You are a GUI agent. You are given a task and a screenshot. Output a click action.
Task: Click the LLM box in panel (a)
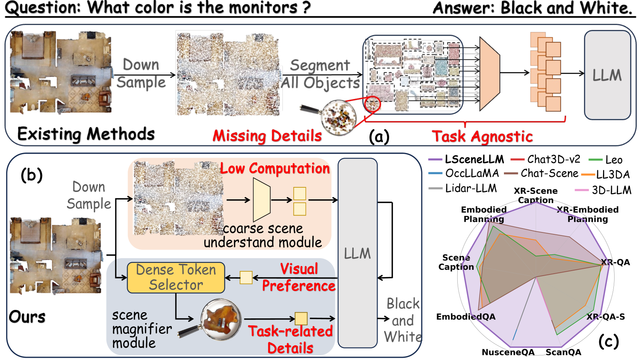(607, 75)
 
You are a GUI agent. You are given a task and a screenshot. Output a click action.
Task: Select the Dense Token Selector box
(176, 278)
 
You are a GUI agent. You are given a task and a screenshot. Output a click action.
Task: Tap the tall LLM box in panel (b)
(357, 253)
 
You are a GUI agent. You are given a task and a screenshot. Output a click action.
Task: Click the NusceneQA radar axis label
(508, 352)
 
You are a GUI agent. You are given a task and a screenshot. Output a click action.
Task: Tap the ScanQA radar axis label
(563, 352)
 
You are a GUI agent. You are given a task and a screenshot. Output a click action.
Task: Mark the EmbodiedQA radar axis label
(465, 317)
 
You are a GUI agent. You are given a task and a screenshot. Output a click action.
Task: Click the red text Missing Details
(267, 136)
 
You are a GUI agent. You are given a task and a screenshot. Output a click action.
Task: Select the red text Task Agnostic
(482, 136)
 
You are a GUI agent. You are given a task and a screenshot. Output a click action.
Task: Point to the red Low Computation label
(275, 168)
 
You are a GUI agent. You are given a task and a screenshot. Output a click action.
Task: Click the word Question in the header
(42, 8)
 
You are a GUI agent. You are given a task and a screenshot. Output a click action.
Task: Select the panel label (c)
(608, 341)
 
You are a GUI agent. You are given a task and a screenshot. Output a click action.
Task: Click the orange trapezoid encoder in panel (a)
(489, 74)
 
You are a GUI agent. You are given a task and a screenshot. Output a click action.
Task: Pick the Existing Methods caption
(86, 134)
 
